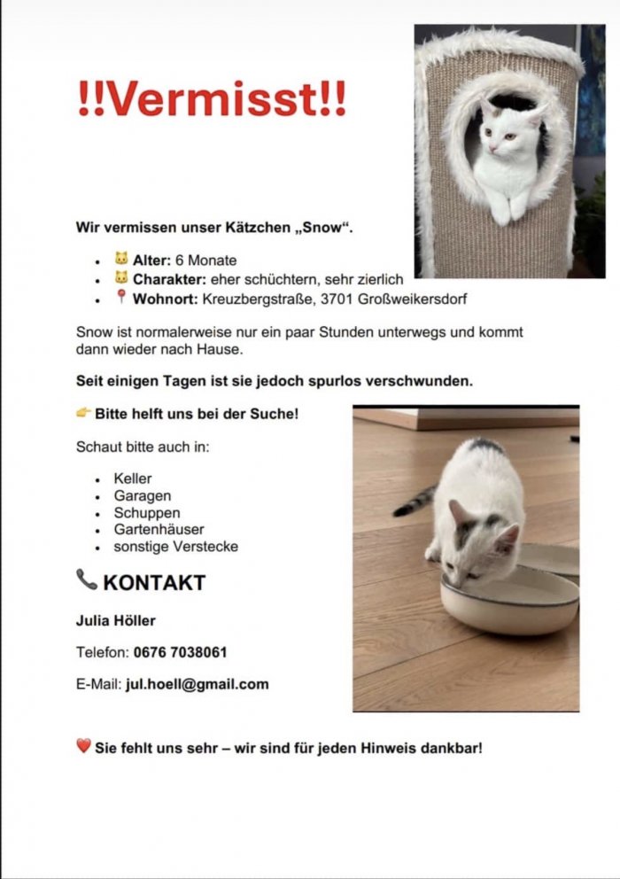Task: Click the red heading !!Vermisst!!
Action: (212, 99)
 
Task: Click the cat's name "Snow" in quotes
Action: (327, 228)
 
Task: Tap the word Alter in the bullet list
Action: (151, 261)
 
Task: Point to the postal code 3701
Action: (340, 299)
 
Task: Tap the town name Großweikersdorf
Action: (413, 299)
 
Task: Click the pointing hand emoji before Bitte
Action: (84, 413)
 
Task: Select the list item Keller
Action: (133, 479)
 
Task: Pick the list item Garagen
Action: (143, 496)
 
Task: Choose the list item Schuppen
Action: (147, 513)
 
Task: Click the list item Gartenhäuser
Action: (159, 530)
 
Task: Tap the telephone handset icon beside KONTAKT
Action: (87, 580)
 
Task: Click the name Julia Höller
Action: (116, 620)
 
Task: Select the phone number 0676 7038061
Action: (181, 652)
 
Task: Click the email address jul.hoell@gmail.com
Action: (198, 684)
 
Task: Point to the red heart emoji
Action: (84, 747)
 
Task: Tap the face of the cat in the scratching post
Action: (500, 137)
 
